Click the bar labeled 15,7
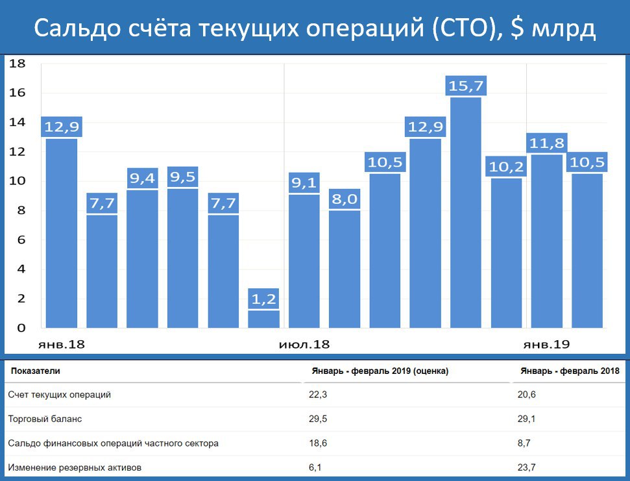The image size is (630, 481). point(466,213)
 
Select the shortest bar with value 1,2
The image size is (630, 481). point(263,319)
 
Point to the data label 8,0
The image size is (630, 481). point(345,199)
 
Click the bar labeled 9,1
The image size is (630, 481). point(304,261)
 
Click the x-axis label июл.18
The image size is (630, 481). point(304,344)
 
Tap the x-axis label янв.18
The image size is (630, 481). point(62,344)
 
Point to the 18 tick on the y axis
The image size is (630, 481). point(18,64)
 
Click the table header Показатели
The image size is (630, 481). point(36,371)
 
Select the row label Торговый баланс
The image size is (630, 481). point(45,419)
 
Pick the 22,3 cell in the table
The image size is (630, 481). point(315,395)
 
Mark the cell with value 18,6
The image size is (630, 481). point(315,443)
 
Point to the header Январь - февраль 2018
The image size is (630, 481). point(570,371)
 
